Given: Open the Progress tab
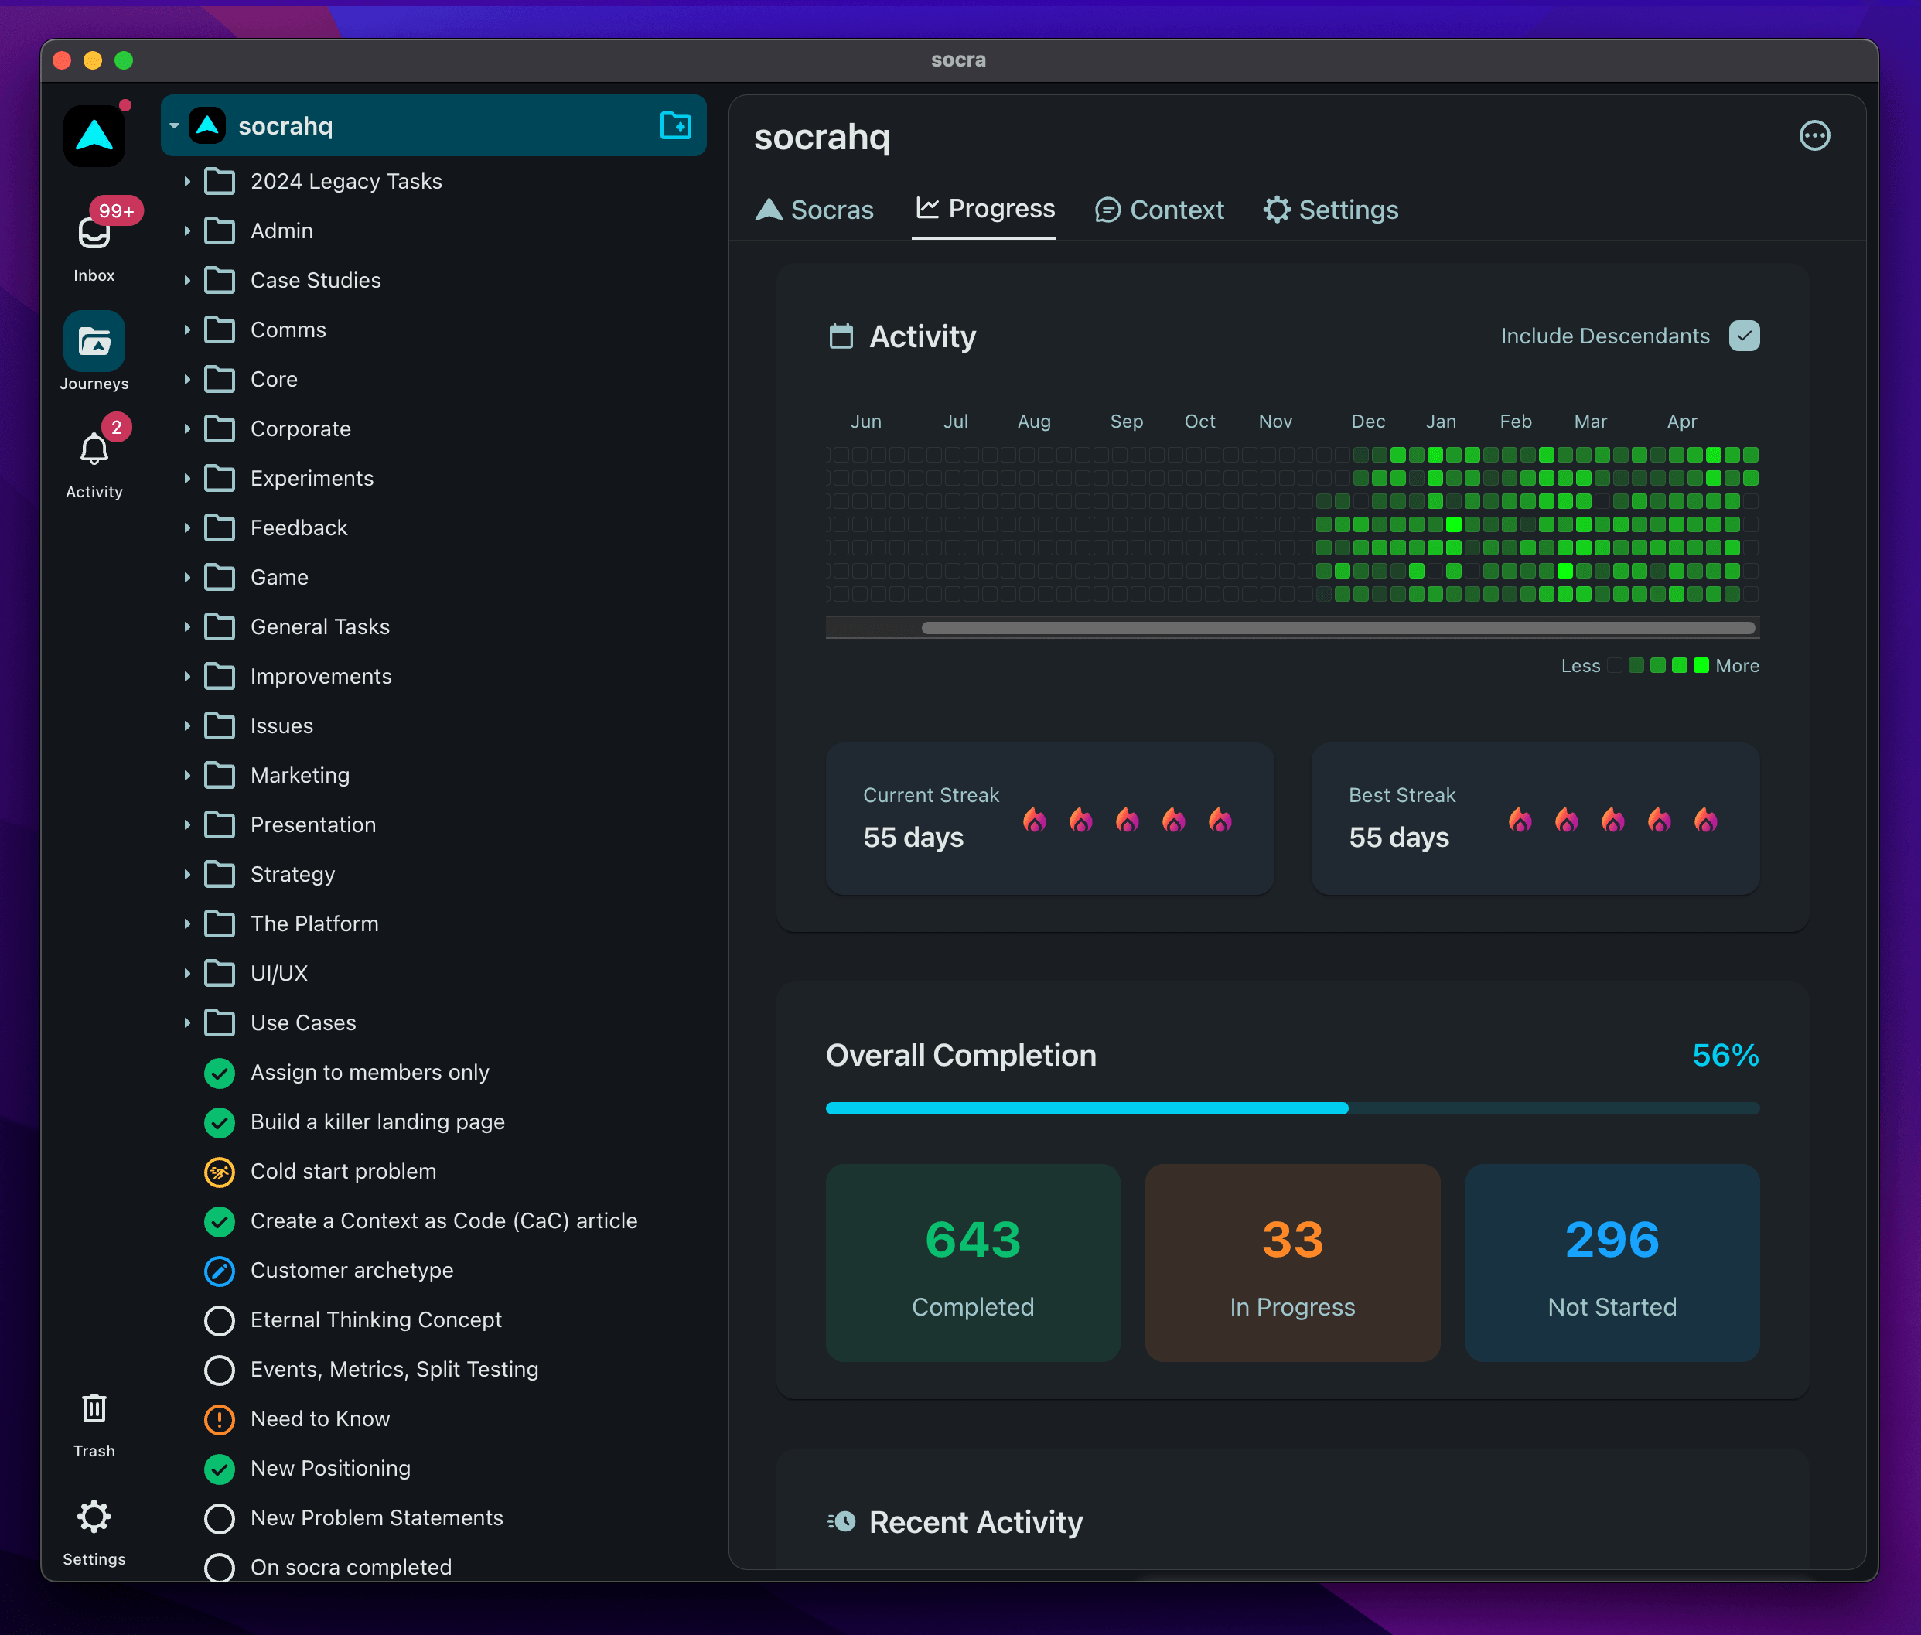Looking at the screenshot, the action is pyautogui.click(x=984, y=209).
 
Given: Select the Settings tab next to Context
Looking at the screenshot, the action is pyautogui.click(x=1330, y=210).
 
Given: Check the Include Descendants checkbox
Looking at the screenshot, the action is pyautogui.click(x=1744, y=336).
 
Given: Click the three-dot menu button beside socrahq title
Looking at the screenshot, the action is pyautogui.click(x=1814, y=136).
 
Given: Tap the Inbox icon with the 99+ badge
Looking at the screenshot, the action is pyautogui.click(x=94, y=233).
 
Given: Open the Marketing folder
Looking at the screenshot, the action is pyautogui.click(x=299, y=775).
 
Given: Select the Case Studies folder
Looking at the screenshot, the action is pyautogui.click(x=315, y=280).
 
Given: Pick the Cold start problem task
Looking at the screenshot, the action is pyautogui.click(x=343, y=1172).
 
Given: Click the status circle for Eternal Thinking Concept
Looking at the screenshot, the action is pyautogui.click(x=219, y=1320).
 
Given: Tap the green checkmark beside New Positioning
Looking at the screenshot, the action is pyautogui.click(x=219, y=1468).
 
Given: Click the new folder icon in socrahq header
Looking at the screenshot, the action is pyautogui.click(x=676, y=125).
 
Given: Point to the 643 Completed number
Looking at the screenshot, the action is pyautogui.click(x=972, y=1239).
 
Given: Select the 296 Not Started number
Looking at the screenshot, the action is pyautogui.click(x=1612, y=1239).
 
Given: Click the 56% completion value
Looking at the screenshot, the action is pyautogui.click(x=1725, y=1055).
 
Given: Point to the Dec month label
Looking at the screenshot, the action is pyautogui.click(x=1368, y=422).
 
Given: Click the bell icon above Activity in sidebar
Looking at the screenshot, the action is pyautogui.click(x=94, y=449).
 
